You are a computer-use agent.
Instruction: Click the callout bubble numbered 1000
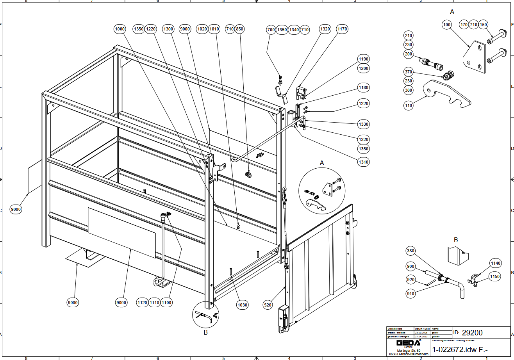[x=120, y=29]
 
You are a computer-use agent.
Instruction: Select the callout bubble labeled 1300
[x=168, y=29]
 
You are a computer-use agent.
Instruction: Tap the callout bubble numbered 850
[x=239, y=29]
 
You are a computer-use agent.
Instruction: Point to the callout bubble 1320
[x=325, y=29]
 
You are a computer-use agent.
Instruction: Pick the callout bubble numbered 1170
[x=342, y=29]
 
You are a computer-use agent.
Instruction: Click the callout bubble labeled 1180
[x=363, y=87]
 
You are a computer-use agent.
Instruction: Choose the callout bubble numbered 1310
[x=363, y=162]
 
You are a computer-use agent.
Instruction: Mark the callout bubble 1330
[x=363, y=124]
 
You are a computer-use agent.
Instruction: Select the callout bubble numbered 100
[x=446, y=25]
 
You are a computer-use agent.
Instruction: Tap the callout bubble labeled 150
[x=483, y=25]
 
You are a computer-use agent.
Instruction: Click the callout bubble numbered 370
[x=409, y=72]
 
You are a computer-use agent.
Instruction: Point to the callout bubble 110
[x=409, y=105]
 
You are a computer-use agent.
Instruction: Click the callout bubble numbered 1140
[x=495, y=264]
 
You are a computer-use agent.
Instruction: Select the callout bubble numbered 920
[x=410, y=280]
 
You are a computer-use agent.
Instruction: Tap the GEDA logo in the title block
[x=409, y=343]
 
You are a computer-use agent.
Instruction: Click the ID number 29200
[x=472, y=333]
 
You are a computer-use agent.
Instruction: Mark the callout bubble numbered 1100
[x=166, y=303]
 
